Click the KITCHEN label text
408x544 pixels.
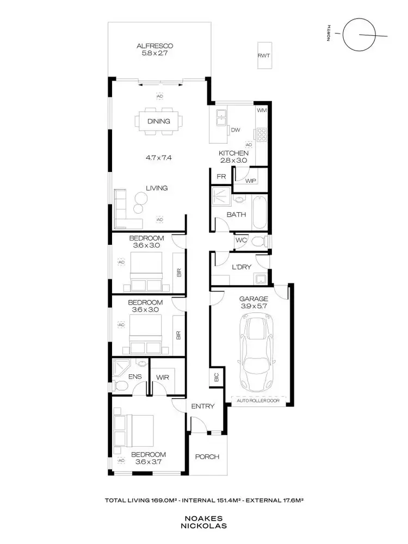pyautogui.click(x=233, y=153)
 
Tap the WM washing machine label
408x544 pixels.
pyautogui.click(x=262, y=110)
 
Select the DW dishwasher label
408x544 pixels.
pyautogui.click(x=235, y=131)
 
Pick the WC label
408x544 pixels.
pyautogui.click(x=241, y=240)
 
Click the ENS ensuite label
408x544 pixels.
pyautogui.click(x=135, y=376)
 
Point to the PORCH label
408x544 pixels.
pyautogui.click(x=207, y=456)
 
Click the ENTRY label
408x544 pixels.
pyautogui.click(x=202, y=406)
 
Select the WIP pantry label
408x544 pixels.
pyautogui.click(x=251, y=180)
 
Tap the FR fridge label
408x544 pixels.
pyautogui.click(x=221, y=177)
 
